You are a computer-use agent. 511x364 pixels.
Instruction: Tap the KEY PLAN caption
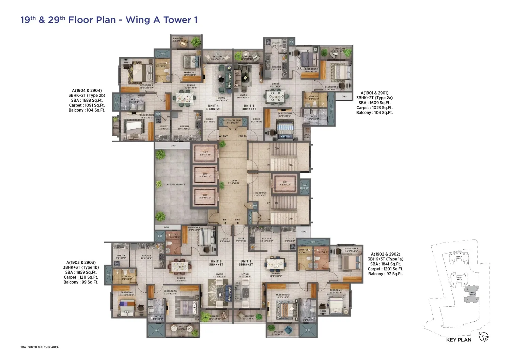pos(459,340)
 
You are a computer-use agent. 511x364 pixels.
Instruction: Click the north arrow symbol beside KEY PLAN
pos(484,337)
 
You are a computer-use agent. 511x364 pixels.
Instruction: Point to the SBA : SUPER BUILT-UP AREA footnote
pos(40,347)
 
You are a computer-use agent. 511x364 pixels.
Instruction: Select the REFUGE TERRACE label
pos(176,185)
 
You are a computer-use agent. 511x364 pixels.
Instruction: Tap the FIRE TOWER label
pos(260,194)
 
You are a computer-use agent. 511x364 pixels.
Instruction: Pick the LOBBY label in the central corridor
pos(234,182)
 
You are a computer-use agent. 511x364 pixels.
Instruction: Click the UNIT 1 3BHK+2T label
pos(249,107)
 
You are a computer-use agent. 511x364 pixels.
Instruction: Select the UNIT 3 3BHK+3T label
pos(216,263)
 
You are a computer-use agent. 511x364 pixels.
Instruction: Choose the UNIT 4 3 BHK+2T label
pos(213,107)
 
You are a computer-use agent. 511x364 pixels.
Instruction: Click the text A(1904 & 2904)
pos(87,91)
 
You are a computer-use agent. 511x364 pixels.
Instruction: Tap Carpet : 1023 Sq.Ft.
pos(374,108)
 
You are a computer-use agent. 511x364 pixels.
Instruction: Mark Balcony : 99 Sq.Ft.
pos(81,282)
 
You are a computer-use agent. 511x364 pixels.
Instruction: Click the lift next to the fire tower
pos(285,184)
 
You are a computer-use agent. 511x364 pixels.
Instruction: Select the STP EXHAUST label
pos(305,187)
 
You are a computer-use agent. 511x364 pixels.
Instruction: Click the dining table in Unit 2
pos(276,263)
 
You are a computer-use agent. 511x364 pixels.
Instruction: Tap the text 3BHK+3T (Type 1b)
pos(81,267)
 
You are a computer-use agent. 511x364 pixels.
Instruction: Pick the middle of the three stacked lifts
pos(205,175)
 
